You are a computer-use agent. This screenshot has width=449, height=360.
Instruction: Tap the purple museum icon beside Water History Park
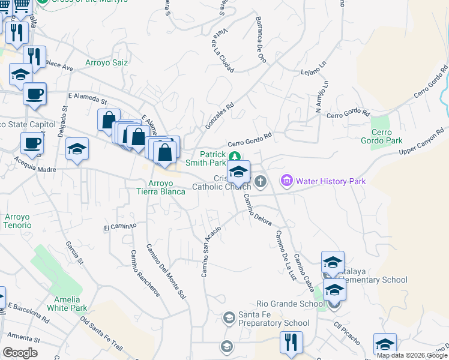(286, 181)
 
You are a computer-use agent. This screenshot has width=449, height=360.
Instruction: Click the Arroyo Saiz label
(107, 62)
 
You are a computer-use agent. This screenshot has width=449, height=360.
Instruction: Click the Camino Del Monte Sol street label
(165, 271)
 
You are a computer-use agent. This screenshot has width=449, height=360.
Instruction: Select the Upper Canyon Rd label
(423, 140)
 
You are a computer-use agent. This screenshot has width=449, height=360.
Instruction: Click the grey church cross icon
(260, 181)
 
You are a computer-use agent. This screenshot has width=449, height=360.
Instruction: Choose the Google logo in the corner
(20, 353)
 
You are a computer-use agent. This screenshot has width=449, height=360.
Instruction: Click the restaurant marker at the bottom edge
(292, 343)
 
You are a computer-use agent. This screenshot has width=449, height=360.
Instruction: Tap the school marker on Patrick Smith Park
(238, 172)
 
